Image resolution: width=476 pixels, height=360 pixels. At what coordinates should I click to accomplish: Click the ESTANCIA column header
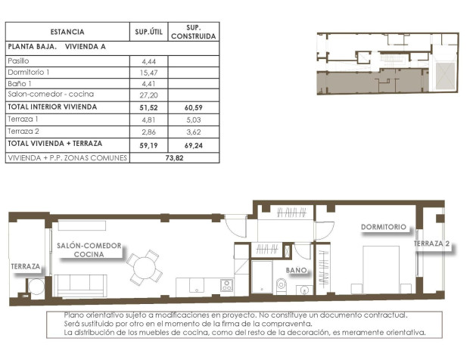click(67, 32)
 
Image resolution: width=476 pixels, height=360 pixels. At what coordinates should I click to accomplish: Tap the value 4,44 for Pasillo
click(148, 60)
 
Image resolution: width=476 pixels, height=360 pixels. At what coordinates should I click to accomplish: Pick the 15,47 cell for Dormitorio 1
click(148, 72)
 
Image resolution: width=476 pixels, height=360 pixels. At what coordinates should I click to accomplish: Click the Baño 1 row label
click(20, 83)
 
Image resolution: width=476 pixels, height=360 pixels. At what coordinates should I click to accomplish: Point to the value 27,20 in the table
click(148, 95)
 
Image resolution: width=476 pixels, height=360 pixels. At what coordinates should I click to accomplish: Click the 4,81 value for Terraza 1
click(148, 119)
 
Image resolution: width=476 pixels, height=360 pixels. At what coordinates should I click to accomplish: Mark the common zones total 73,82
click(175, 158)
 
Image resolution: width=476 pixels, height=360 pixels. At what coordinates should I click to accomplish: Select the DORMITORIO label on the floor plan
click(384, 226)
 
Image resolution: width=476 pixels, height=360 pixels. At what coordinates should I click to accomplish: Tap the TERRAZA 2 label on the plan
click(432, 244)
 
